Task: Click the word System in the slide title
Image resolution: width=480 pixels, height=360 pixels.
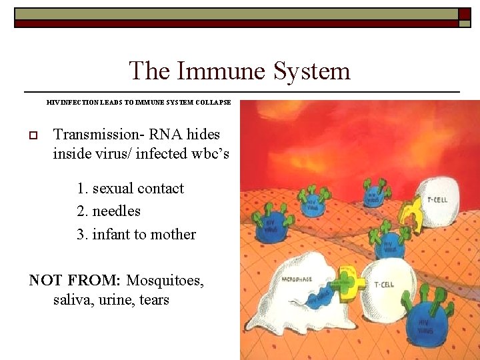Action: pos(314,71)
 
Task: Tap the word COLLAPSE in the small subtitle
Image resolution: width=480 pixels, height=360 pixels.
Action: pos(213,103)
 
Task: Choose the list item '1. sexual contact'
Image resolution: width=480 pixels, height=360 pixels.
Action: pos(130,188)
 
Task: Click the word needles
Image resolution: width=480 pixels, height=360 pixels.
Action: pos(116,211)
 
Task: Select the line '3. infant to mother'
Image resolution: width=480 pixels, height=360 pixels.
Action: pos(136,234)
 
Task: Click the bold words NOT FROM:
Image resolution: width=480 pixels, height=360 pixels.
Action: pos(75,280)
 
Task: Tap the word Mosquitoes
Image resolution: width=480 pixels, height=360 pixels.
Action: pos(165,280)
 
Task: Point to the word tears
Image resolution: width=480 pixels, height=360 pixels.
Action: pos(154,300)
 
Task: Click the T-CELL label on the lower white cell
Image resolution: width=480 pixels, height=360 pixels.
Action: pos(384,285)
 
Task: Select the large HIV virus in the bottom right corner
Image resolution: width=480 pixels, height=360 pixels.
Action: pos(427,324)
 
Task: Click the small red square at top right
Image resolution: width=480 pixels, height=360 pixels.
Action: pos(464,13)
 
